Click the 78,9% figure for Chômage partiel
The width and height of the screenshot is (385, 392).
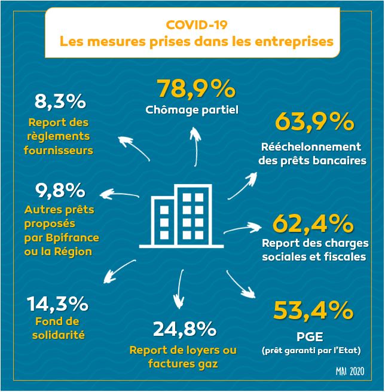(195, 89)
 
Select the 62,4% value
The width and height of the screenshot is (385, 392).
(313, 223)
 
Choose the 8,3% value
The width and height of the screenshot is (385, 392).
(60, 102)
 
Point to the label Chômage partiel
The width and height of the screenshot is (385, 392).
(192, 110)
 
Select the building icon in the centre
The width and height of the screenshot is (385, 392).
(178, 216)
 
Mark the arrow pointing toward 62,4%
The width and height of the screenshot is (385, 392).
(244, 228)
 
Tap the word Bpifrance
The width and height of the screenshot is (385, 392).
(75, 238)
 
